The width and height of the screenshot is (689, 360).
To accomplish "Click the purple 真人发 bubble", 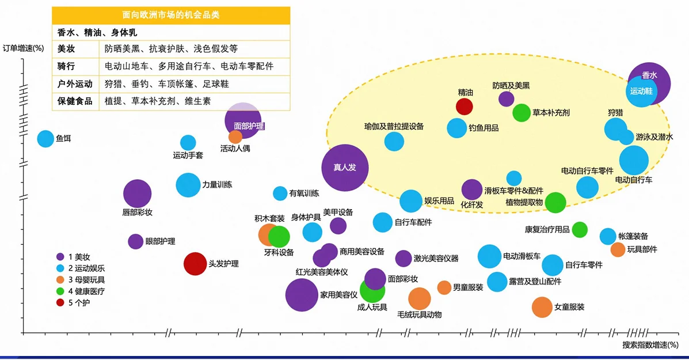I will tap(344, 168).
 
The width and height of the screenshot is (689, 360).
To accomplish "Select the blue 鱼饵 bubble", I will tap(45, 138).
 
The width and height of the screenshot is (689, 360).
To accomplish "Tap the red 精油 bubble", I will tap(464, 107).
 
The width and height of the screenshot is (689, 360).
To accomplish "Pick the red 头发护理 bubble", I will tap(195, 264).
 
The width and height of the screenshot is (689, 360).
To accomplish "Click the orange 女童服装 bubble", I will tap(542, 307).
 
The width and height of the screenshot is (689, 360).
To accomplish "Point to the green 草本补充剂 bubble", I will tap(521, 113).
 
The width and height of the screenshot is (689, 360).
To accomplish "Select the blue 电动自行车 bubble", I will tap(634, 161).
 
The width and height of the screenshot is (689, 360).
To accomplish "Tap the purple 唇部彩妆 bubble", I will tap(137, 194).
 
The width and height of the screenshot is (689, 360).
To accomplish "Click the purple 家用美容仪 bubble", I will tap(302, 295).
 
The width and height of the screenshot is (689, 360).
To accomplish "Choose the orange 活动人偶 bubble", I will tap(235, 137).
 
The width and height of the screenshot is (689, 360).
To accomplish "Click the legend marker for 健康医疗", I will tap(60, 291).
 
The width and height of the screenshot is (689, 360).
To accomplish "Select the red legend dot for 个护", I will tap(60, 302).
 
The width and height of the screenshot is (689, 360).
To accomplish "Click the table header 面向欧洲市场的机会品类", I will tap(171, 14).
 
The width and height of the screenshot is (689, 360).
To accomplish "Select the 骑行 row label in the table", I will tap(67, 66).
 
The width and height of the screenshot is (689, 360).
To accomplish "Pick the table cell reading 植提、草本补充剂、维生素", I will tap(157, 101).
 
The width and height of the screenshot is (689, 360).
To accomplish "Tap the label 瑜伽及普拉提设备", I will tap(394, 126).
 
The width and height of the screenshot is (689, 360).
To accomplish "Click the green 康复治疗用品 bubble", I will tap(580, 229).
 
